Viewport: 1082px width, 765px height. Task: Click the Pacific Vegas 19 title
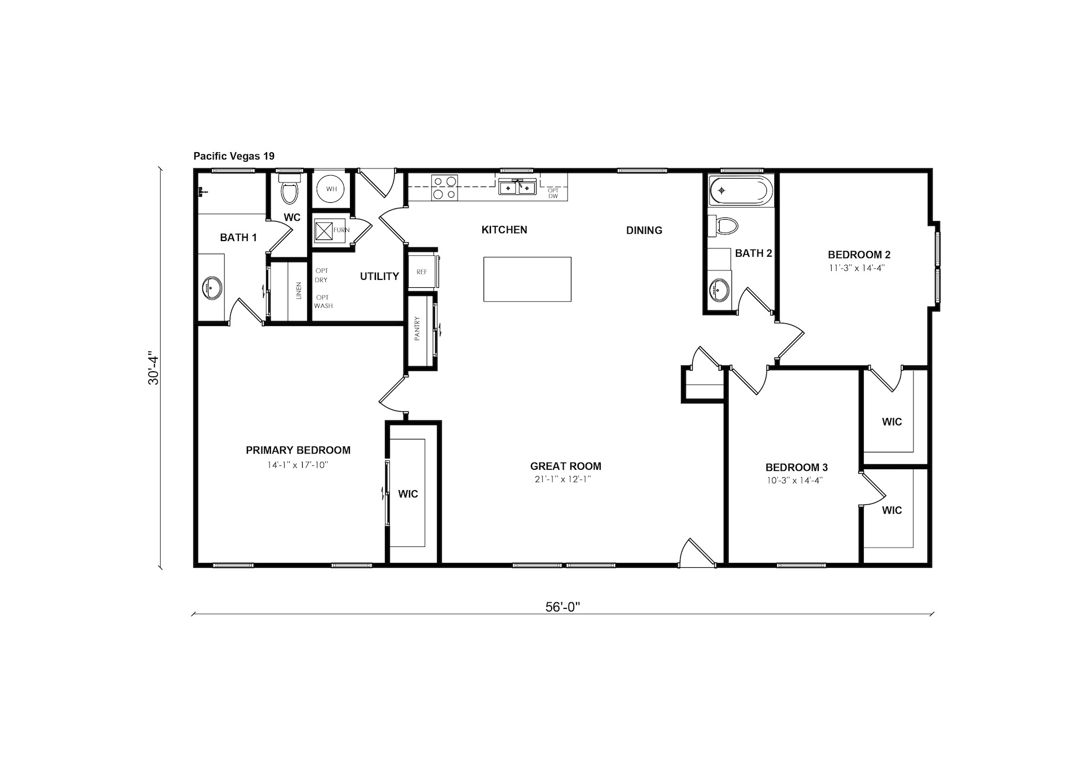(234, 156)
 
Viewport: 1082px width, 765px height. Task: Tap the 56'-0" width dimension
(562, 607)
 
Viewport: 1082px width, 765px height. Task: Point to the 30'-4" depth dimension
(153, 370)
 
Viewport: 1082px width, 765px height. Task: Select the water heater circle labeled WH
(331, 189)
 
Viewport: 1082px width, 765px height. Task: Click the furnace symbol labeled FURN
(325, 231)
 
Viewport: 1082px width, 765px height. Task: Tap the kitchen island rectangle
(527, 279)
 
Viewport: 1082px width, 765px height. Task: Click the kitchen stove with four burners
(445, 188)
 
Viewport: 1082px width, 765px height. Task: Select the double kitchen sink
(517, 186)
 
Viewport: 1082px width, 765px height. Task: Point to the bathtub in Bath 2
(739, 190)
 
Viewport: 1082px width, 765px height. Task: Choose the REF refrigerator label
(422, 272)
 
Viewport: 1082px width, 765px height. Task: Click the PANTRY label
(418, 328)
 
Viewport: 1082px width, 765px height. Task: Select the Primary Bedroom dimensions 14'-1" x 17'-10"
(298, 465)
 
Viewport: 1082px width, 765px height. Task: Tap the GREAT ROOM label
(566, 466)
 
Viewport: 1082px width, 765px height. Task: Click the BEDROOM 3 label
(796, 468)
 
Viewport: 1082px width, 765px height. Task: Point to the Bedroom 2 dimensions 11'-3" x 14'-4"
(857, 268)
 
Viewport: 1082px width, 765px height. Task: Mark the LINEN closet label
(299, 291)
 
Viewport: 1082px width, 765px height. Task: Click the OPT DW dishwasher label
(553, 193)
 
